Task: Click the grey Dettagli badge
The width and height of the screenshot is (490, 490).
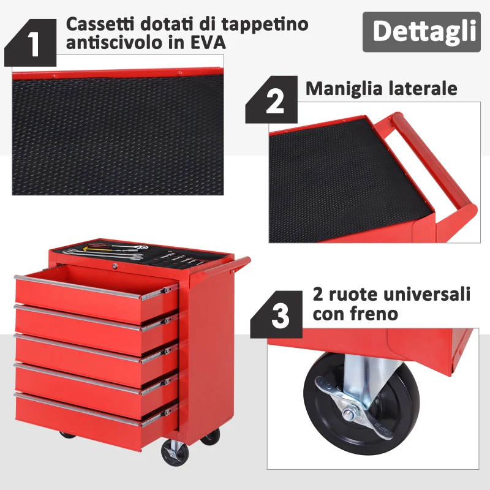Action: pyautogui.click(x=421, y=32)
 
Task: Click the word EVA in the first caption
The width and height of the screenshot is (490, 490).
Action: pyautogui.click(x=208, y=43)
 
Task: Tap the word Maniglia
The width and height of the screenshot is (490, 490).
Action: pyautogui.click(x=344, y=89)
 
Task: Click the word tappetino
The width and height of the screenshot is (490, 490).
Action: pyautogui.click(x=265, y=24)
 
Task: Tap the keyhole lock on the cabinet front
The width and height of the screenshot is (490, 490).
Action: pyautogui.click(x=115, y=266)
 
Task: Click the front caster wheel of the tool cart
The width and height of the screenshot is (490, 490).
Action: pyautogui.click(x=175, y=453)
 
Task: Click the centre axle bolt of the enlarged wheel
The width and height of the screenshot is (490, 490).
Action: pyautogui.click(x=348, y=415)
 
